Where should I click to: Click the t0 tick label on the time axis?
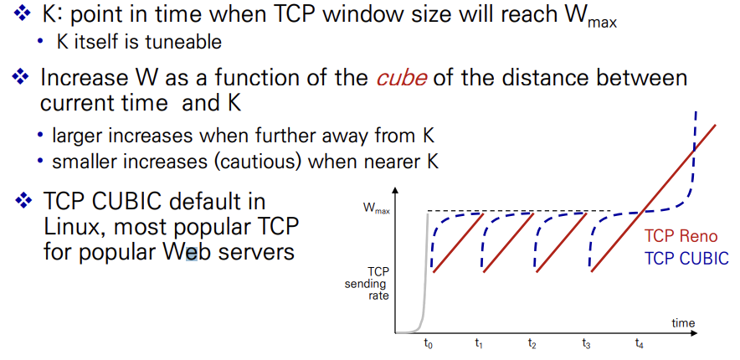pyautogui.click(x=428, y=345)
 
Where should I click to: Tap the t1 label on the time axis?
pyautogui.click(x=479, y=345)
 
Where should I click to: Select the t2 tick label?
pyautogui.click(x=532, y=345)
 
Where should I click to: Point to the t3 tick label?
pyautogui.click(x=586, y=345)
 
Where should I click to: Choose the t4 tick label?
pyautogui.click(x=639, y=345)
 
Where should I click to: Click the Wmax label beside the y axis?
pyautogui.click(x=376, y=209)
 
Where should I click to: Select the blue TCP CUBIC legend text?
pyautogui.click(x=686, y=258)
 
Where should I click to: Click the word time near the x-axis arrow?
pyautogui.click(x=683, y=322)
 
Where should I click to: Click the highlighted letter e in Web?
pyautogui.click(x=192, y=252)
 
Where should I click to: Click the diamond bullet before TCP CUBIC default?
pyautogui.click(x=23, y=202)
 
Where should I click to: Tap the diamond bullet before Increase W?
pyautogui.click(x=20, y=76)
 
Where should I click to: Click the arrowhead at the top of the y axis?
pyautogui.click(x=395, y=191)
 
